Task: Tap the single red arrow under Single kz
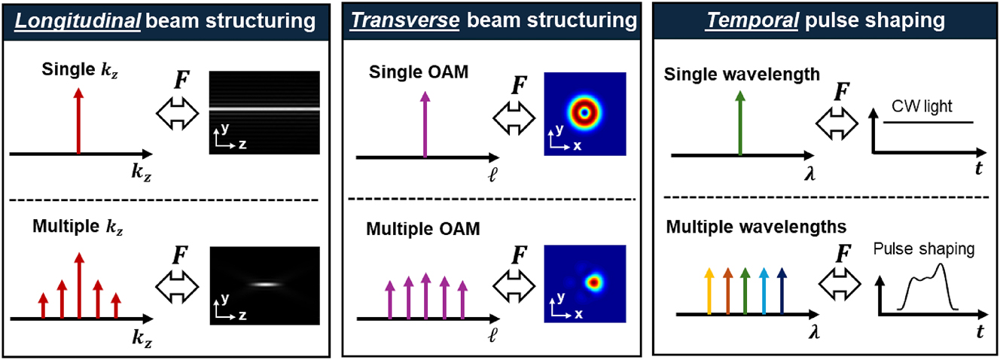tap(78, 121)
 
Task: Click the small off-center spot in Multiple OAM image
tap(594, 283)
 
